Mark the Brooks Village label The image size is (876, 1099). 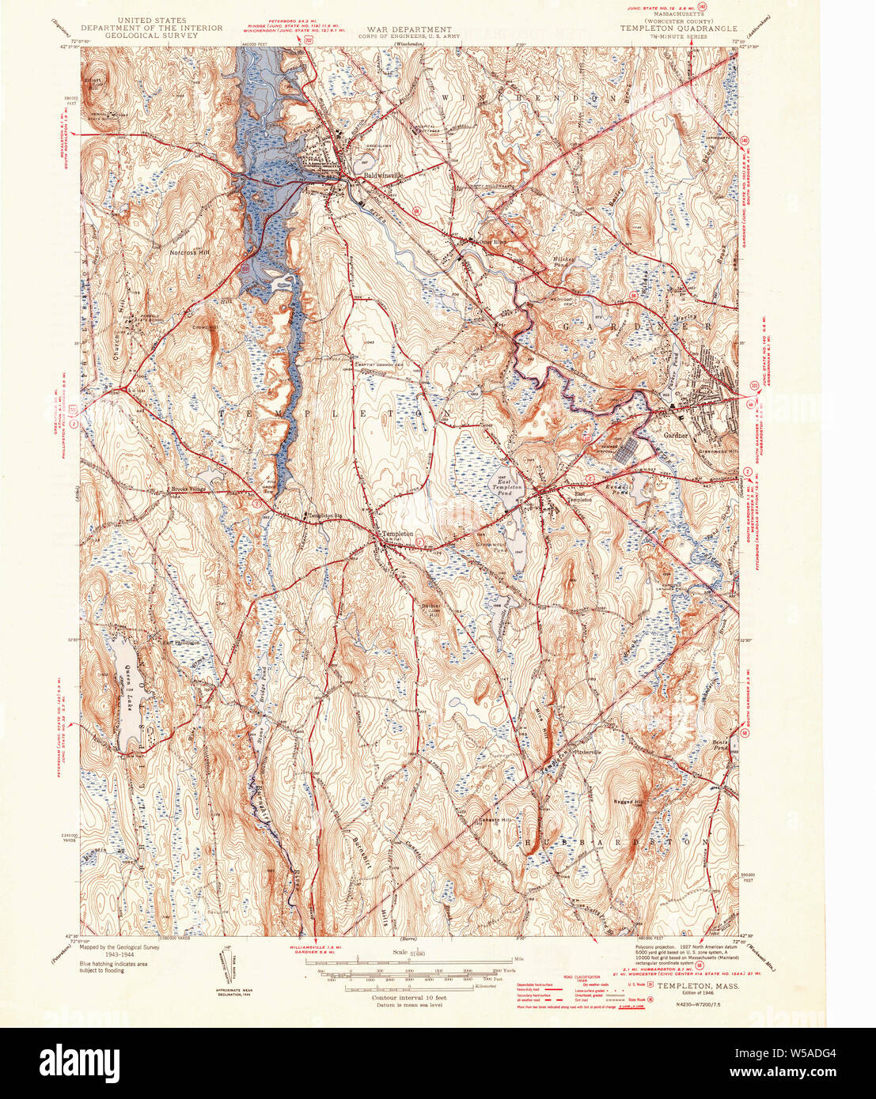click(x=188, y=489)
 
